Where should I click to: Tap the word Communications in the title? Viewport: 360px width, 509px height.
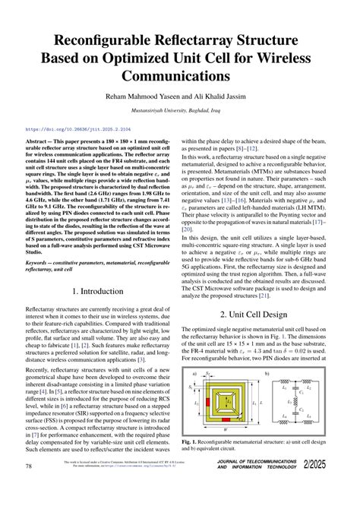(180, 76)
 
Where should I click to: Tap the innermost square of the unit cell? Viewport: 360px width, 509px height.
(227, 399)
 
